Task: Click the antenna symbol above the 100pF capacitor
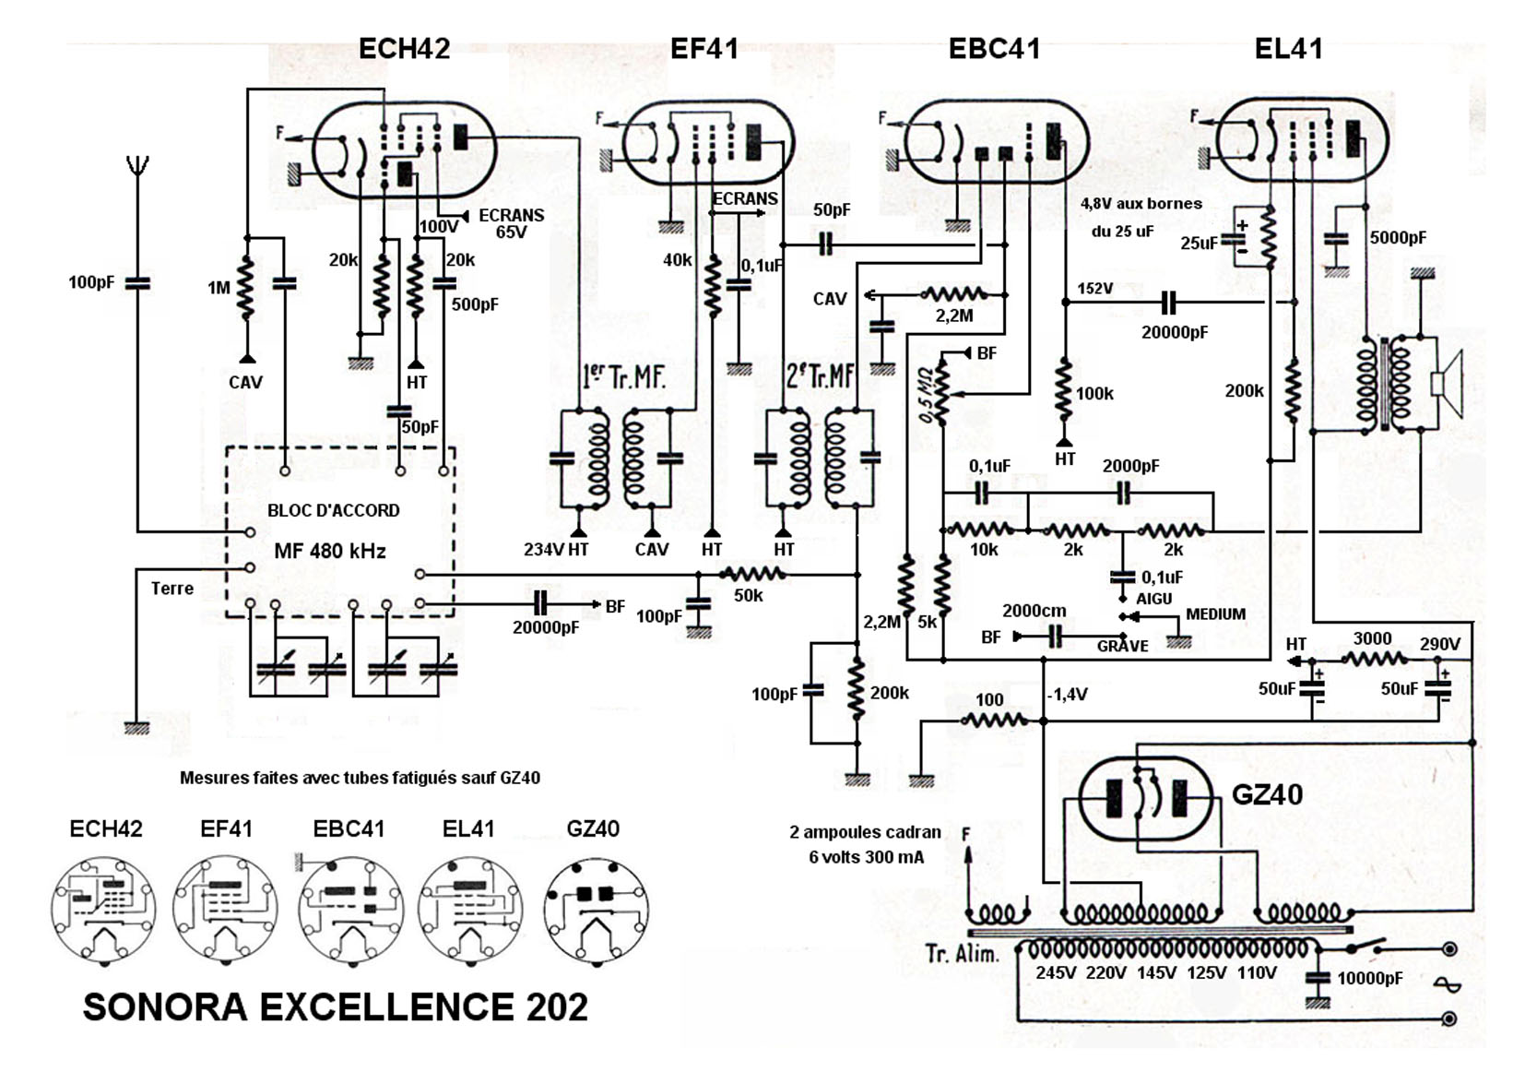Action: coord(137,166)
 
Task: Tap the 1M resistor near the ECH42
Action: coord(246,288)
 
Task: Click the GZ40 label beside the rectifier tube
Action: coord(1267,795)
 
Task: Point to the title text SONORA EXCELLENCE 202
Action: coord(335,1006)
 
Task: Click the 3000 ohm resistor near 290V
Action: coord(1374,659)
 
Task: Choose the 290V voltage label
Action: coord(1440,644)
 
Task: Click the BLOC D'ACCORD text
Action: coord(334,511)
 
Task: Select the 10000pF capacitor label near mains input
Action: coord(1370,979)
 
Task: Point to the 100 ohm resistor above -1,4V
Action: coord(994,720)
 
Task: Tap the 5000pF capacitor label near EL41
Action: coord(1398,238)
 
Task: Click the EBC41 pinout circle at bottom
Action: coord(350,910)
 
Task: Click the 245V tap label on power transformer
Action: coord(1056,972)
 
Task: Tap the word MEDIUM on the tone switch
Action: coord(1216,614)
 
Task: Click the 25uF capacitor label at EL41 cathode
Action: coord(1199,244)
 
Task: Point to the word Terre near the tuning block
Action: coord(172,589)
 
